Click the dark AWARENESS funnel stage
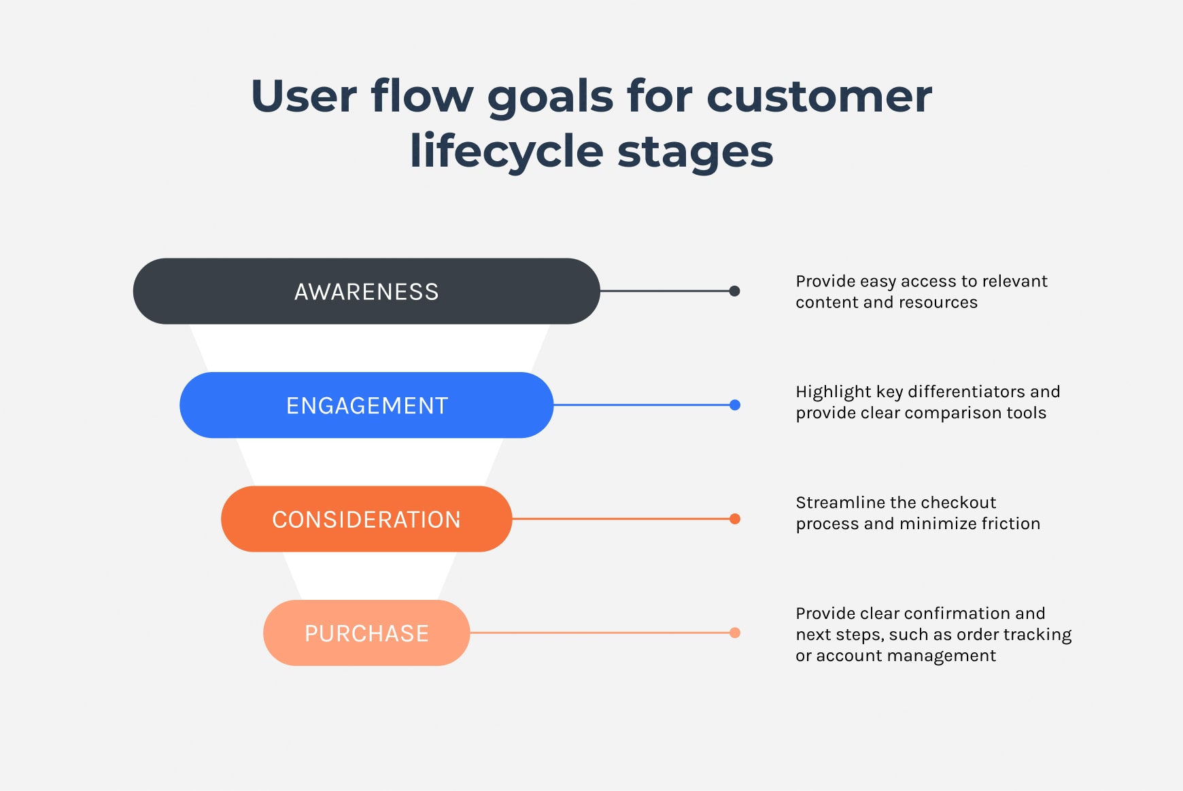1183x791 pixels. pos(366,291)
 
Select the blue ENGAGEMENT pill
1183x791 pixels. pos(366,405)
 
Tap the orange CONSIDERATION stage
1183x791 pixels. pos(366,519)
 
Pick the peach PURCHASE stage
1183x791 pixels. pos(366,633)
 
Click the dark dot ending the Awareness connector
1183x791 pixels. pos(734,291)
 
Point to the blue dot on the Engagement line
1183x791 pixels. pos(735,405)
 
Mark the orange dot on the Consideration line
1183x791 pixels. pos(735,519)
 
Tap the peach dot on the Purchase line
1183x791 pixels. pos(735,633)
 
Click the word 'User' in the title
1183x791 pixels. pos(304,96)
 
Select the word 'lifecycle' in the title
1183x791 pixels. pos(507,151)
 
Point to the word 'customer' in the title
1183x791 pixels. pos(819,96)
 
